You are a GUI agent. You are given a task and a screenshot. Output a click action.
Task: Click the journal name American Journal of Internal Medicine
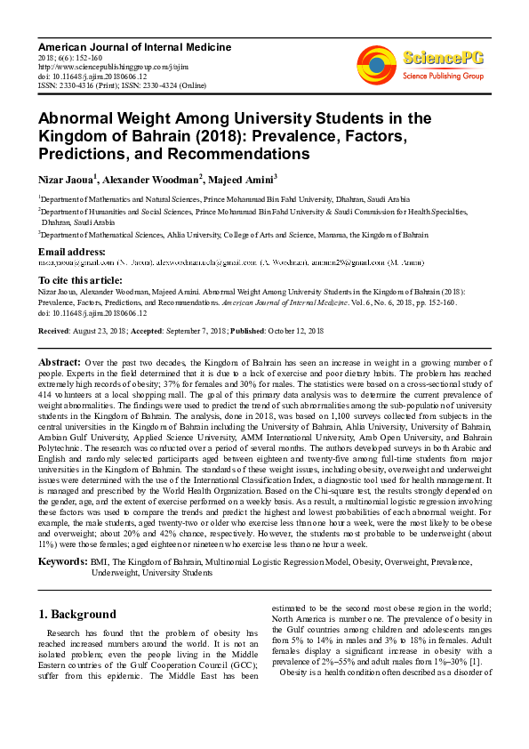(x=117, y=44)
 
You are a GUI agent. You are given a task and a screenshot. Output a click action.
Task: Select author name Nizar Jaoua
(x=67, y=180)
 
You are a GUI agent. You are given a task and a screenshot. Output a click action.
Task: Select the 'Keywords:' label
(x=62, y=562)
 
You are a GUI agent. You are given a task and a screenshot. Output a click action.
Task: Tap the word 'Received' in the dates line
(x=55, y=330)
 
